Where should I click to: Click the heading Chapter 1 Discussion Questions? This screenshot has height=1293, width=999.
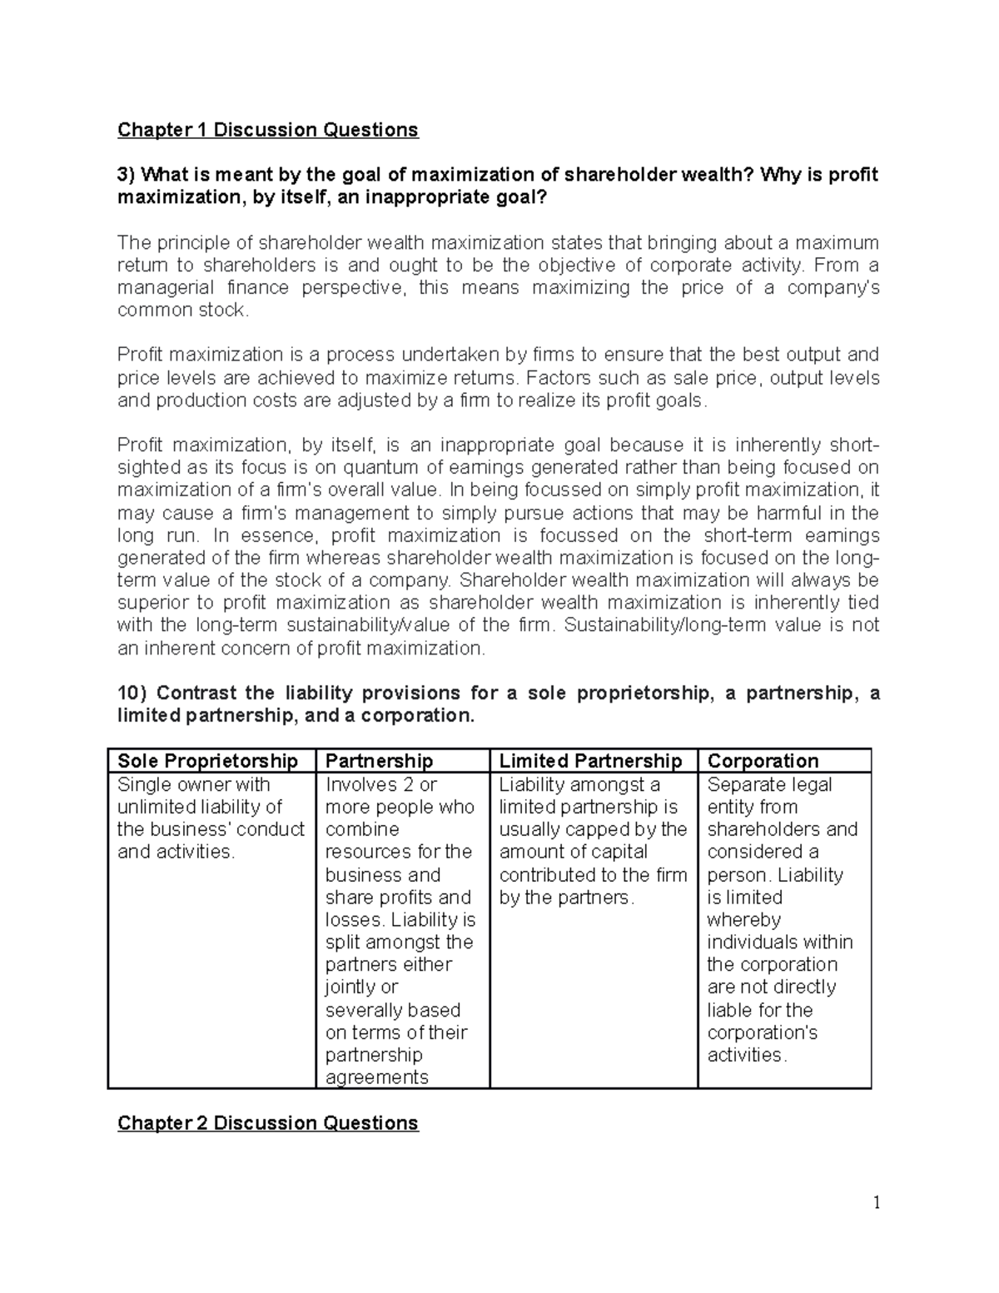tap(267, 130)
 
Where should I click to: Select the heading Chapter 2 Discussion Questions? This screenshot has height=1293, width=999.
tap(267, 1123)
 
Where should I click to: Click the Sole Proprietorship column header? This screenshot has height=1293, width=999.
tap(207, 761)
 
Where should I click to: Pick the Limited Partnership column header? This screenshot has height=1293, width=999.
tap(590, 761)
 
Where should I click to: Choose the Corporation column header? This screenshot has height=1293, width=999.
tap(763, 761)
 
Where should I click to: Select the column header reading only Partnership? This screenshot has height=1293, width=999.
tap(379, 761)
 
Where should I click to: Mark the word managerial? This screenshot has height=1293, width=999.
tap(162, 288)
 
